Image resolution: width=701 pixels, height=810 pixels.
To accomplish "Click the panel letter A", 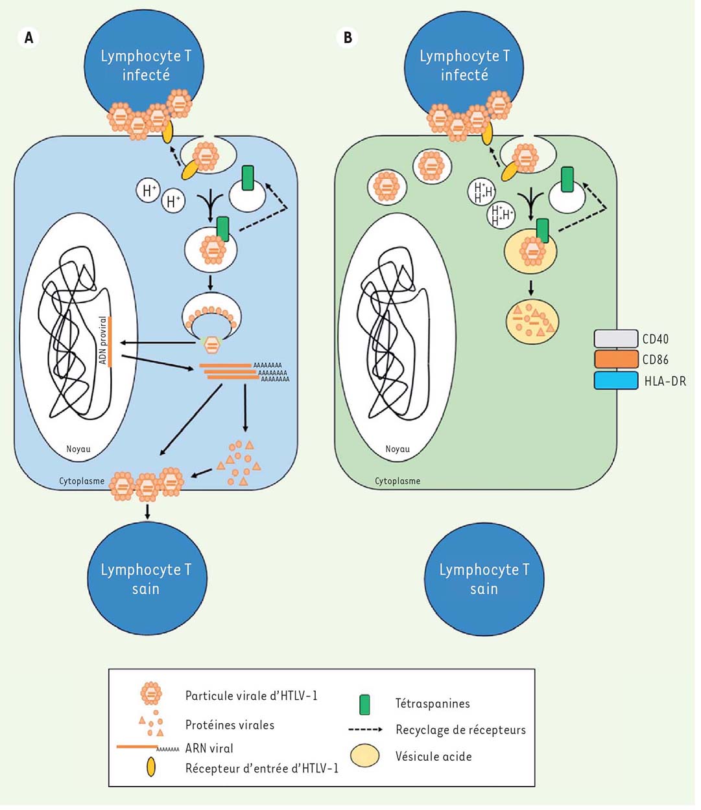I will (x=29, y=38).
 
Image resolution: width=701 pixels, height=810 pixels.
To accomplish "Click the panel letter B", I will (x=348, y=38).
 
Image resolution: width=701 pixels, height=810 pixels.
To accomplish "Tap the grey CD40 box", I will (x=615, y=339).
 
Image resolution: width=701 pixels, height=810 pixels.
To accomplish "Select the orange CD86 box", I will (x=615, y=360).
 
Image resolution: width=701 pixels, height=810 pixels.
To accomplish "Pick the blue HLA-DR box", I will (x=615, y=380).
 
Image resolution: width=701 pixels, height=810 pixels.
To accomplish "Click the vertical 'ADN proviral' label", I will (x=103, y=340).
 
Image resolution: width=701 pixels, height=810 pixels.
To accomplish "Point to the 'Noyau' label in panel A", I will (x=78, y=448).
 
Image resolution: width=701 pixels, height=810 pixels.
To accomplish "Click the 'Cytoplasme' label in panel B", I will (x=398, y=481).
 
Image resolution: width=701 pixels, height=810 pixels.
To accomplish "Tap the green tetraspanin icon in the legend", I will (x=364, y=704).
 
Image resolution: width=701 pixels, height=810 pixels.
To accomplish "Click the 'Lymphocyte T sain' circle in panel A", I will (x=147, y=579).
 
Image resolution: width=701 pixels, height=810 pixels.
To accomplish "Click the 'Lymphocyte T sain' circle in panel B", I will (x=484, y=579).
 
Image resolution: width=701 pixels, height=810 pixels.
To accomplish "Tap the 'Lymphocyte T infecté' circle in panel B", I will (x=464, y=65).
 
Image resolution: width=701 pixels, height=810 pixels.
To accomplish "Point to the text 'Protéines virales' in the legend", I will (x=230, y=725).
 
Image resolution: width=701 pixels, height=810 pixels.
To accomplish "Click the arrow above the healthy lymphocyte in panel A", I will (x=148, y=511).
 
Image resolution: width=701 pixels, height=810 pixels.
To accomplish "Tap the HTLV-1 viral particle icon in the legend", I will (x=151, y=693).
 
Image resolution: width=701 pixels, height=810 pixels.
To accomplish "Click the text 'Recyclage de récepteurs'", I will (x=460, y=730).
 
